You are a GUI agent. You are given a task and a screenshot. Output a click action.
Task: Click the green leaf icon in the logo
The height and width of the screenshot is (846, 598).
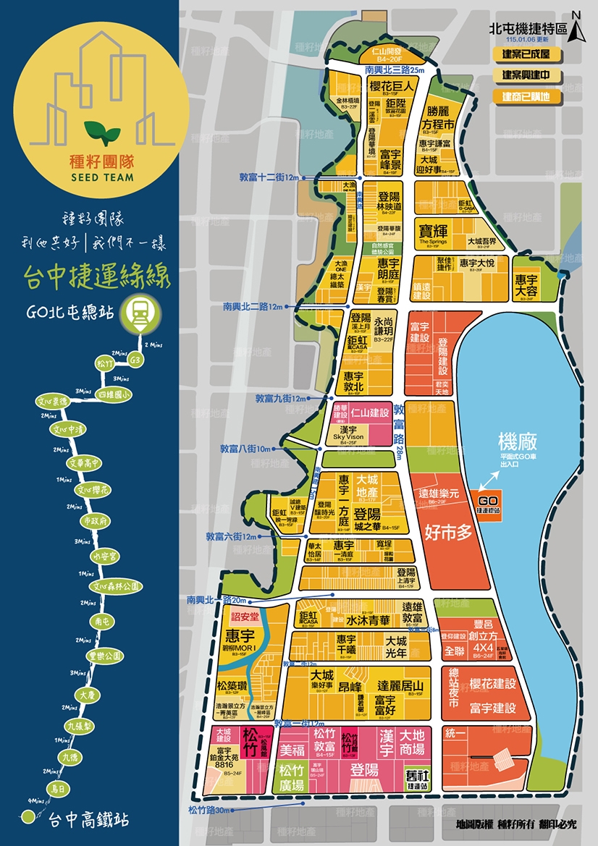pyautogui.click(x=102, y=131)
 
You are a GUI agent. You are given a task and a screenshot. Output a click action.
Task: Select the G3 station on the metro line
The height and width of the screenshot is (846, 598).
pyautogui.click(x=135, y=360)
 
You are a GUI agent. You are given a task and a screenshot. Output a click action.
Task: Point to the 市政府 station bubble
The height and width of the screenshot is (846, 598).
pyautogui.click(x=95, y=520)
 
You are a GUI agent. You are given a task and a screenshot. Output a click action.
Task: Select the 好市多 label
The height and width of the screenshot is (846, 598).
pyautogui.click(x=448, y=532)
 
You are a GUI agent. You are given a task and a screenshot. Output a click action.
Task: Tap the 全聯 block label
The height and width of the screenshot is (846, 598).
pyautogui.click(x=455, y=650)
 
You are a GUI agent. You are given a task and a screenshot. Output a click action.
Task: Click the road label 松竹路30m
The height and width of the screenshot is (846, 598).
pyautogui.click(x=209, y=810)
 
